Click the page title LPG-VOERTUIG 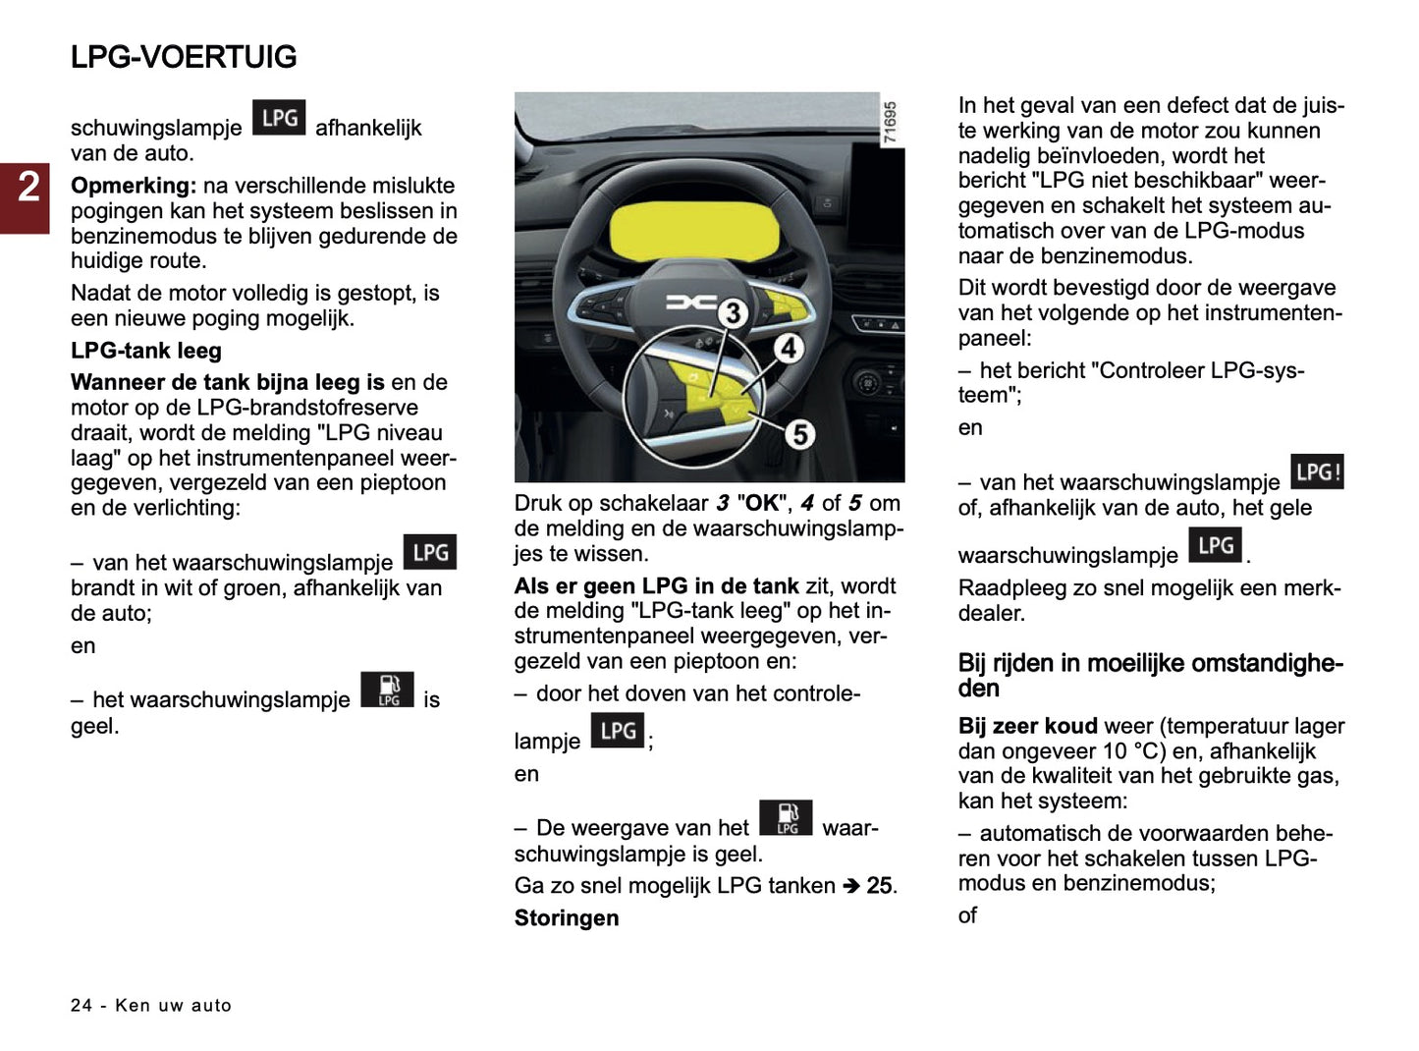tap(184, 57)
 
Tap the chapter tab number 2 tap(28, 187)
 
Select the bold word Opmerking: tap(134, 186)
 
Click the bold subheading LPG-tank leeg tap(146, 351)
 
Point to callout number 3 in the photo tap(733, 313)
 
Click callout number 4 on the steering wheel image tap(789, 347)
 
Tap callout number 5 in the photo tap(799, 433)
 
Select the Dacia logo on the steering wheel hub tap(691, 303)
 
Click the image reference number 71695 tap(890, 123)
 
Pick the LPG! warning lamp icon tap(1317, 472)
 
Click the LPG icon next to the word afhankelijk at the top tap(279, 118)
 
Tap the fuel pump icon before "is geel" tap(388, 690)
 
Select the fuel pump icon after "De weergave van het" tap(786, 818)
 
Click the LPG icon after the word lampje tap(618, 731)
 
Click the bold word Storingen tap(567, 918)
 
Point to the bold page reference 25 tap(879, 886)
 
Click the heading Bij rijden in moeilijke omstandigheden tap(1150, 675)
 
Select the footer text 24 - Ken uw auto tap(151, 1005)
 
